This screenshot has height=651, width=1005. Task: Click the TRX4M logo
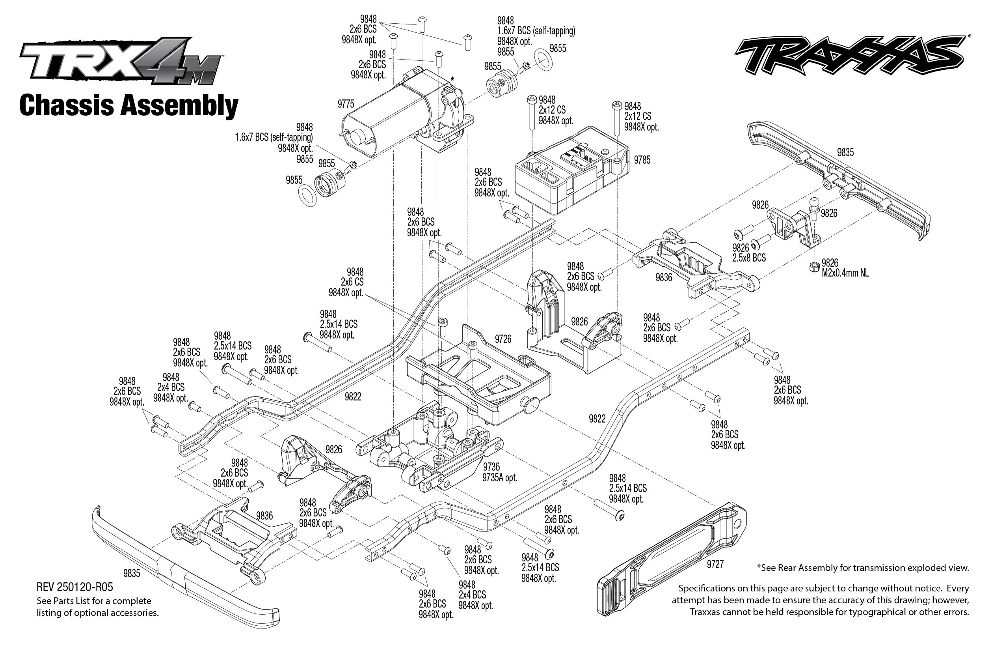(120, 61)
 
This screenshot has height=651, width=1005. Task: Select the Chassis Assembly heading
(129, 106)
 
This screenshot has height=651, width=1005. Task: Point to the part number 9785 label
(642, 160)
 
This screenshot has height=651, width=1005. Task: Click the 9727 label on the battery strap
(715, 564)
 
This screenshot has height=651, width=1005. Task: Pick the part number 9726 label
(503, 339)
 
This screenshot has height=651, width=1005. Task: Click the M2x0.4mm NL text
(845, 273)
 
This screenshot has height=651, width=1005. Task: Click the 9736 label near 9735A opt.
(491, 467)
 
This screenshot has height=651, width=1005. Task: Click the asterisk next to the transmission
(452, 79)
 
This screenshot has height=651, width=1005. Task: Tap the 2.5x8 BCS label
(749, 258)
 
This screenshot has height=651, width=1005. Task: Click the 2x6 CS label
(352, 282)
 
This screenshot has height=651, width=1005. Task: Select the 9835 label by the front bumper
(131, 573)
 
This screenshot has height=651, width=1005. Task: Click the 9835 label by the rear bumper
(845, 153)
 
